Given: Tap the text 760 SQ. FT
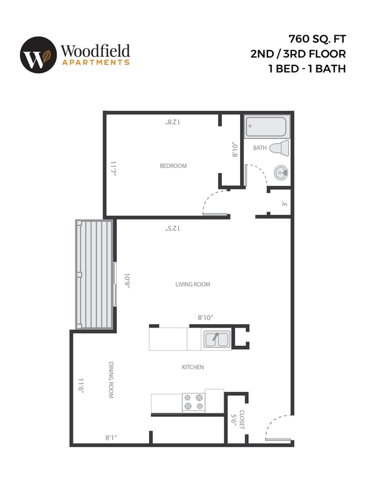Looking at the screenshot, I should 317,39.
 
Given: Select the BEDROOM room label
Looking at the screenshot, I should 173,166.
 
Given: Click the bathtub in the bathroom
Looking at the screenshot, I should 266,127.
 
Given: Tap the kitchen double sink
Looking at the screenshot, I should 216,340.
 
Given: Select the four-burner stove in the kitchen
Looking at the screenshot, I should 193,402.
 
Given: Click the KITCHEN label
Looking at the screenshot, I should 193,367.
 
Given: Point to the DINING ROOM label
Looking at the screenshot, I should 111,379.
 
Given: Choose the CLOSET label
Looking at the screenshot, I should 242,420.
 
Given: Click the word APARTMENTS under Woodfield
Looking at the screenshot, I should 95,62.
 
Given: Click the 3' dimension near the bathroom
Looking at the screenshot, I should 284,204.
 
